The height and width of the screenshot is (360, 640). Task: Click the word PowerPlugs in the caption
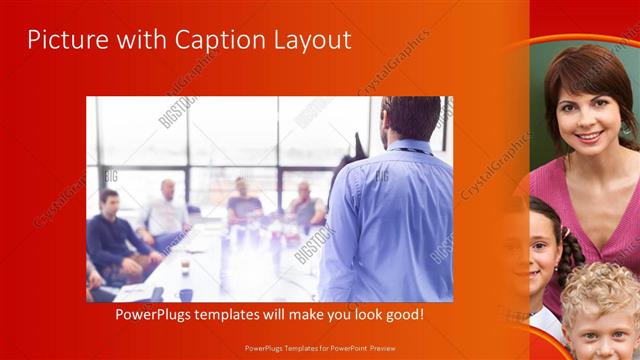pos(149,315)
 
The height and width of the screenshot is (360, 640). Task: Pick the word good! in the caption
pos(402,315)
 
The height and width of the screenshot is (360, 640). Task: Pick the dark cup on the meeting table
pos(186,294)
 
